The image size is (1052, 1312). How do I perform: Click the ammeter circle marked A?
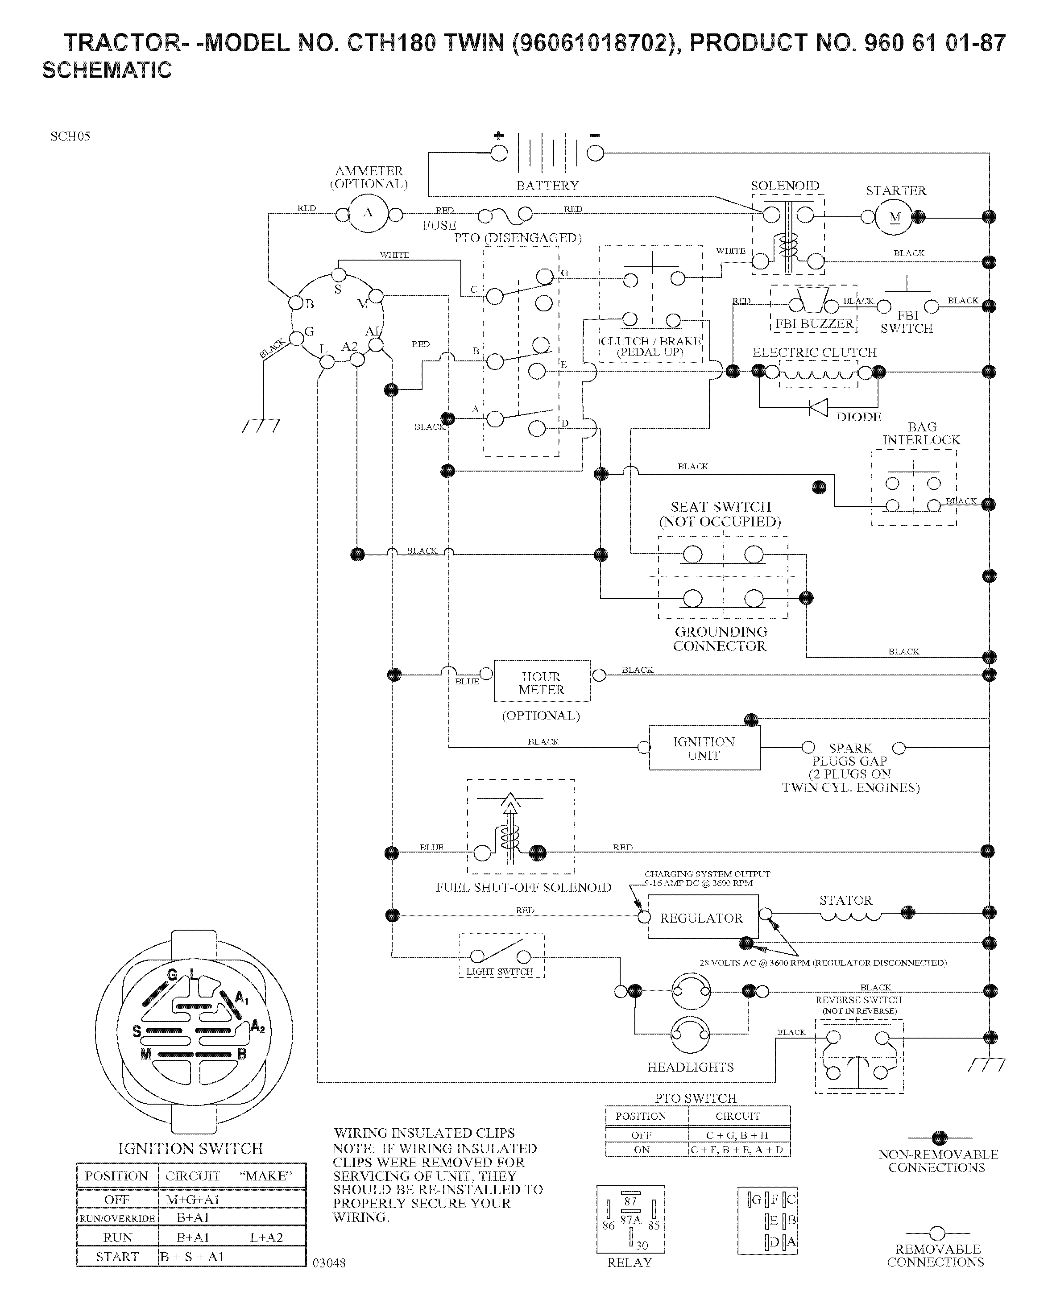point(368,213)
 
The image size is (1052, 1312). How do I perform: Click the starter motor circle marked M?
point(894,217)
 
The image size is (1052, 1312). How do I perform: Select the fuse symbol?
point(505,215)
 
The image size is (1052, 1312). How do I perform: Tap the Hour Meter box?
point(542,681)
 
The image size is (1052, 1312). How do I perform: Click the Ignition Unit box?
point(704,747)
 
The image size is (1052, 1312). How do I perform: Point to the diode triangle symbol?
point(818,407)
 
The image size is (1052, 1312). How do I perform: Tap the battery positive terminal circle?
point(499,153)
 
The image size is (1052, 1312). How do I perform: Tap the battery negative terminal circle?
point(595,153)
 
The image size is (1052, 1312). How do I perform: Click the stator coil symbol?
point(850,916)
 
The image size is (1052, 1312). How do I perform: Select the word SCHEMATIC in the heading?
point(107,70)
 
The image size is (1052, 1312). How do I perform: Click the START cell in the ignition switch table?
point(117,1257)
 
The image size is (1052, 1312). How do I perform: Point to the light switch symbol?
point(500,954)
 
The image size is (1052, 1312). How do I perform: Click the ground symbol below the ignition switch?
point(261,426)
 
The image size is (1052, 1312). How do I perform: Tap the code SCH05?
point(70,137)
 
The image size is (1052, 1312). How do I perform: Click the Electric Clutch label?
point(815,353)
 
